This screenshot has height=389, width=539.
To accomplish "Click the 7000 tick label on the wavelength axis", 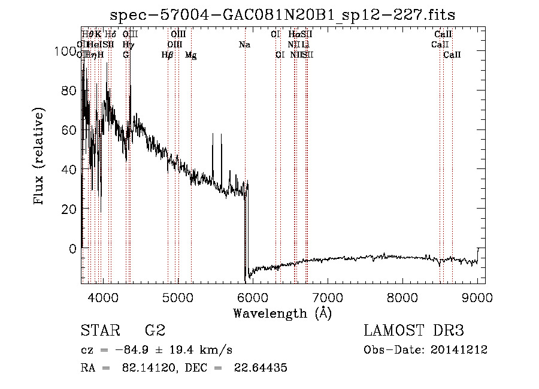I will [x=327, y=297].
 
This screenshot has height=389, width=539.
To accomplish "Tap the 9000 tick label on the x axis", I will [x=477, y=297].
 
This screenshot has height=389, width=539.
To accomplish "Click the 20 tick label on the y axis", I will [x=71, y=209].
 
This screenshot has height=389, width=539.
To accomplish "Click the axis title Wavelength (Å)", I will [x=283, y=313].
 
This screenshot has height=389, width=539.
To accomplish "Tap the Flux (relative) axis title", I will [x=40, y=157].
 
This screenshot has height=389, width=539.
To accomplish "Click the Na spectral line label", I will [x=244, y=45].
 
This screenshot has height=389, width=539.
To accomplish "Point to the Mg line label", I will [x=190, y=55].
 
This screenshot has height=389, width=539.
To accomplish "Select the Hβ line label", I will [x=168, y=55].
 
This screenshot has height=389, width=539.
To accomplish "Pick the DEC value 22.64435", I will [x=261, y=368].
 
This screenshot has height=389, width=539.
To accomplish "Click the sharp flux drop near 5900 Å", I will [x=246, y=234].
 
